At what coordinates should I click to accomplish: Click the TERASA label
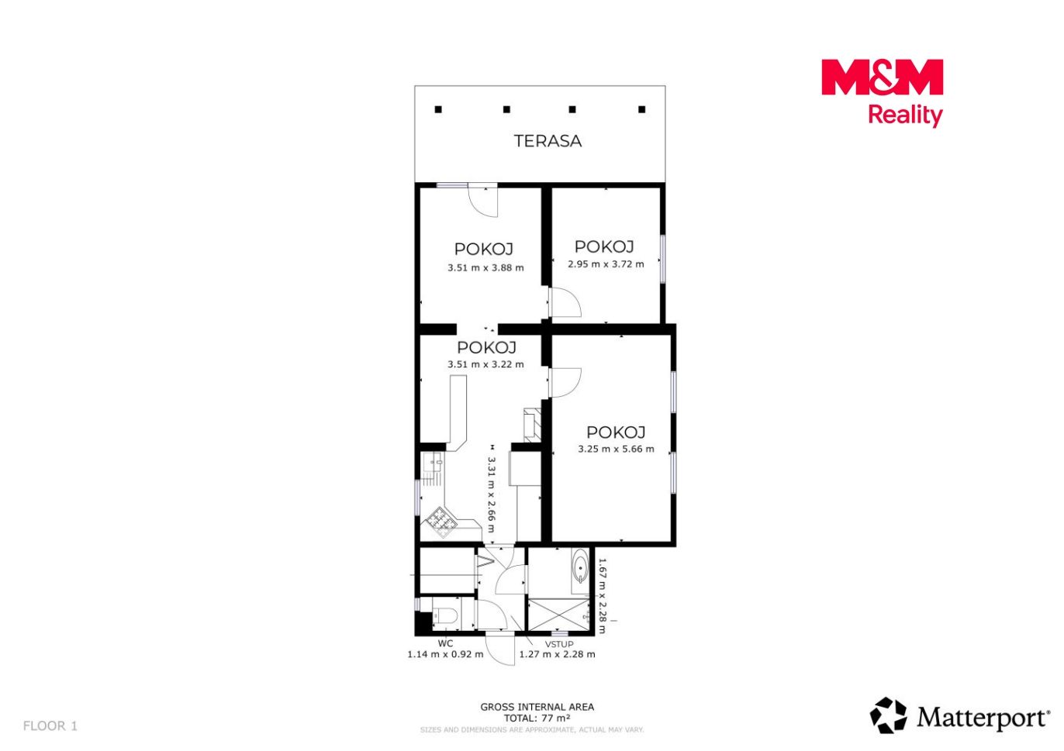548,141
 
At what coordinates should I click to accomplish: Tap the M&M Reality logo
882,92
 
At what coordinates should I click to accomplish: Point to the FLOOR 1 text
50,726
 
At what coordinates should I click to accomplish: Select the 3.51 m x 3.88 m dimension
485,267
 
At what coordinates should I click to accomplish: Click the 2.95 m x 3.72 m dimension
606,264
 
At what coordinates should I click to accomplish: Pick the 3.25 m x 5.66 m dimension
616,449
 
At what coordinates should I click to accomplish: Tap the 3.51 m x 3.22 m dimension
485,364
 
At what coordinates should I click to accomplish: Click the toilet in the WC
444,615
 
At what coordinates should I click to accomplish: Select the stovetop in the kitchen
441,522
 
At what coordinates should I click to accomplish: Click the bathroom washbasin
579,567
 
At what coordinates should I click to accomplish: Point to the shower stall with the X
559,615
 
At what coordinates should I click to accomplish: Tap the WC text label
445,643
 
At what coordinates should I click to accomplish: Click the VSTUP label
559,644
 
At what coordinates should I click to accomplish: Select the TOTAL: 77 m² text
537,718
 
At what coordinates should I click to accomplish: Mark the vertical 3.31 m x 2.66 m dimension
492,494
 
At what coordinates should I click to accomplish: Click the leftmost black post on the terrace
438,109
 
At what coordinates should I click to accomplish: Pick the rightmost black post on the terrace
641,109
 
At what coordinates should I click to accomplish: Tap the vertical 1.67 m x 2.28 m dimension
602,596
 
